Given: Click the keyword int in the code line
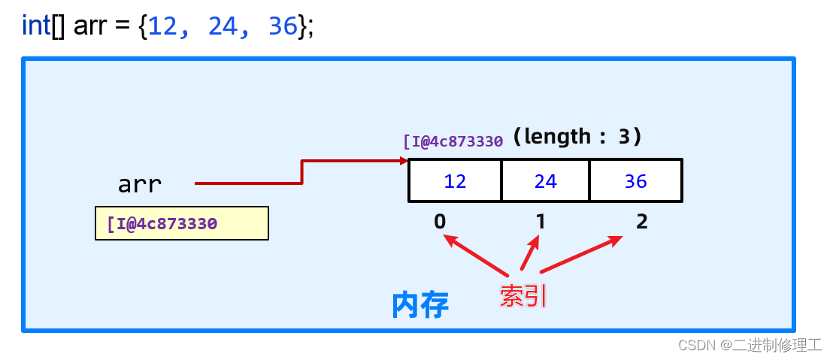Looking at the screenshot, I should (36, 26).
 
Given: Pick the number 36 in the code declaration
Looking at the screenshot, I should (282, 26).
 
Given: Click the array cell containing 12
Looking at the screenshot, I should (455, 181).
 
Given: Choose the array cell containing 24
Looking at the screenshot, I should (545, 181).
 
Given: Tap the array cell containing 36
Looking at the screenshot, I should (635, 181).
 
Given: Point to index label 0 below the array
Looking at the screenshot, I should (440, 221).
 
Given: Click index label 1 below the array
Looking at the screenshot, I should (539, 221).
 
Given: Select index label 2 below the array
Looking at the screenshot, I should (641, 221).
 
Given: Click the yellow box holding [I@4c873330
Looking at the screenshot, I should (181, 223).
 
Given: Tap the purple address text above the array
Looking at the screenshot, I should (453, 141).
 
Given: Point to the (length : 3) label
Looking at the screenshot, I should (577, 137).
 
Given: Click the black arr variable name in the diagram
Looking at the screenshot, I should (139, 183).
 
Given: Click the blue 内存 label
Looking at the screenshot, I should (420, 305).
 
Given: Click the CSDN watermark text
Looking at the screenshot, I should (749, 345).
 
